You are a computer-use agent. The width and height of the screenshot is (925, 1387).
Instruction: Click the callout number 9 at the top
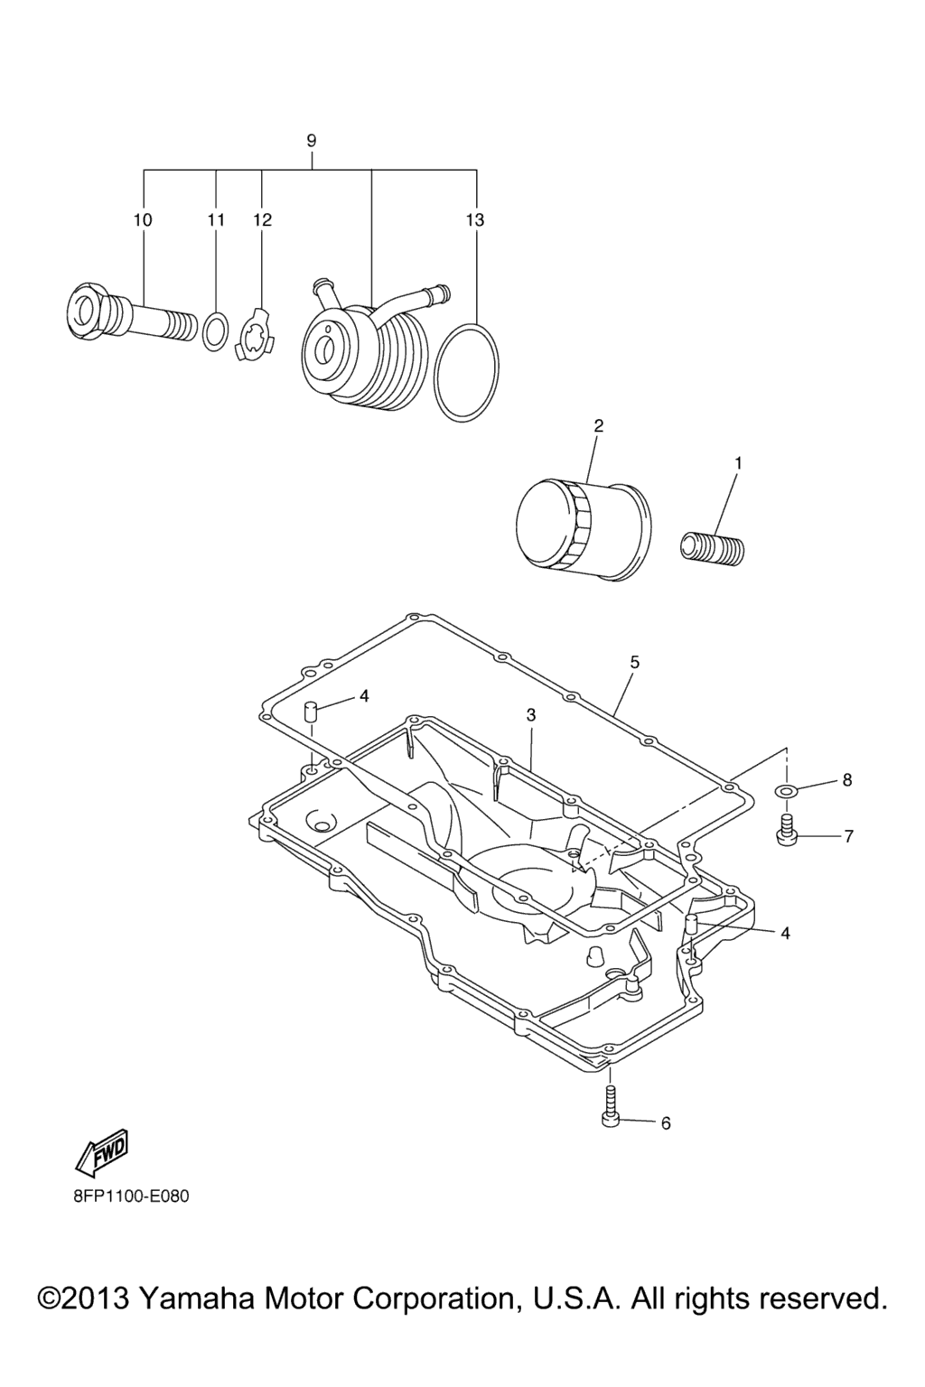(x=311, y=141)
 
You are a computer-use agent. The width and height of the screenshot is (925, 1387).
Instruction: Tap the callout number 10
(x=143, y=219)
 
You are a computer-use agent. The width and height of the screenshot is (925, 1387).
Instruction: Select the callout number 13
(x=475, y=219)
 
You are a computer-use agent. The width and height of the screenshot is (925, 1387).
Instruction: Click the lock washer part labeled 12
(x=257, y=334)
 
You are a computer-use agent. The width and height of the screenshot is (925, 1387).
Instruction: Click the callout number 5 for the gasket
(x=634, y=662)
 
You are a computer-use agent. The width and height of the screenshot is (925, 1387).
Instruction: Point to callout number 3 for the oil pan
(x=530, y=715)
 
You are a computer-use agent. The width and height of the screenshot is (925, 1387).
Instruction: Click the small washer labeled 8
(x=786, y=790)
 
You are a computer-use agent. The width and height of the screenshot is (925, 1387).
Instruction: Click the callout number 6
(x=666, y=1123)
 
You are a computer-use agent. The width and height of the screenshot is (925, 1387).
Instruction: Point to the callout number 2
(x=598, y=426)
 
